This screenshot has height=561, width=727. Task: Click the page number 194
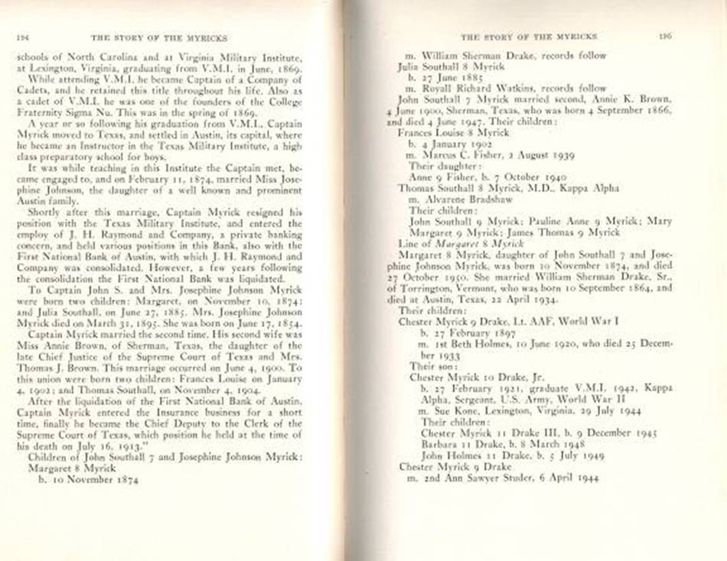click(22, 36)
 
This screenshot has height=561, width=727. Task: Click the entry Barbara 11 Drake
click(455, 444)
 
